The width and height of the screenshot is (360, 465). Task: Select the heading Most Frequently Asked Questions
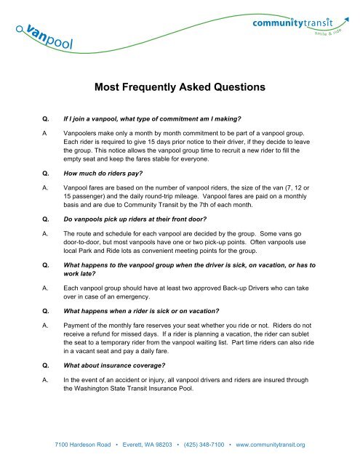pyautogui.click(x=179, y=88)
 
